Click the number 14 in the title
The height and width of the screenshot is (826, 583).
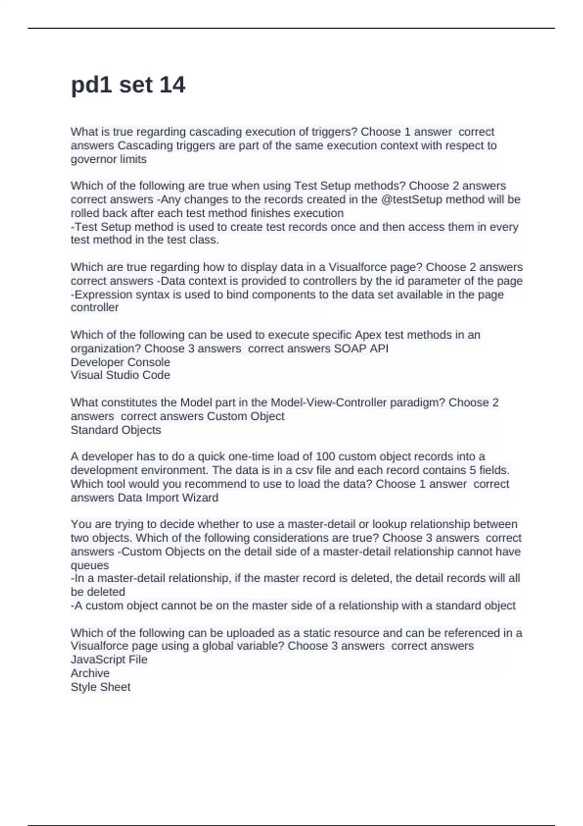172,85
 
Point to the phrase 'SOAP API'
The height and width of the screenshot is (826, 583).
361,349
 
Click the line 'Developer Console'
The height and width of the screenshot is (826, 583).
120,362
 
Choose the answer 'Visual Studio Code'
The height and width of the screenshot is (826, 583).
120,375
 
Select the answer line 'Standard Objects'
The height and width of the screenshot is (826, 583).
116,430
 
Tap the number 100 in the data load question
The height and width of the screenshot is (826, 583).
326,457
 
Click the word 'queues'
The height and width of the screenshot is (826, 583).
90,566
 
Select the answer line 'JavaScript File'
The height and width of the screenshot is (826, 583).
109,660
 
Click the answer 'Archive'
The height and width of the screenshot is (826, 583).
90,673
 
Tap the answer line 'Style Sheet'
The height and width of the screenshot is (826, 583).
101,687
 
